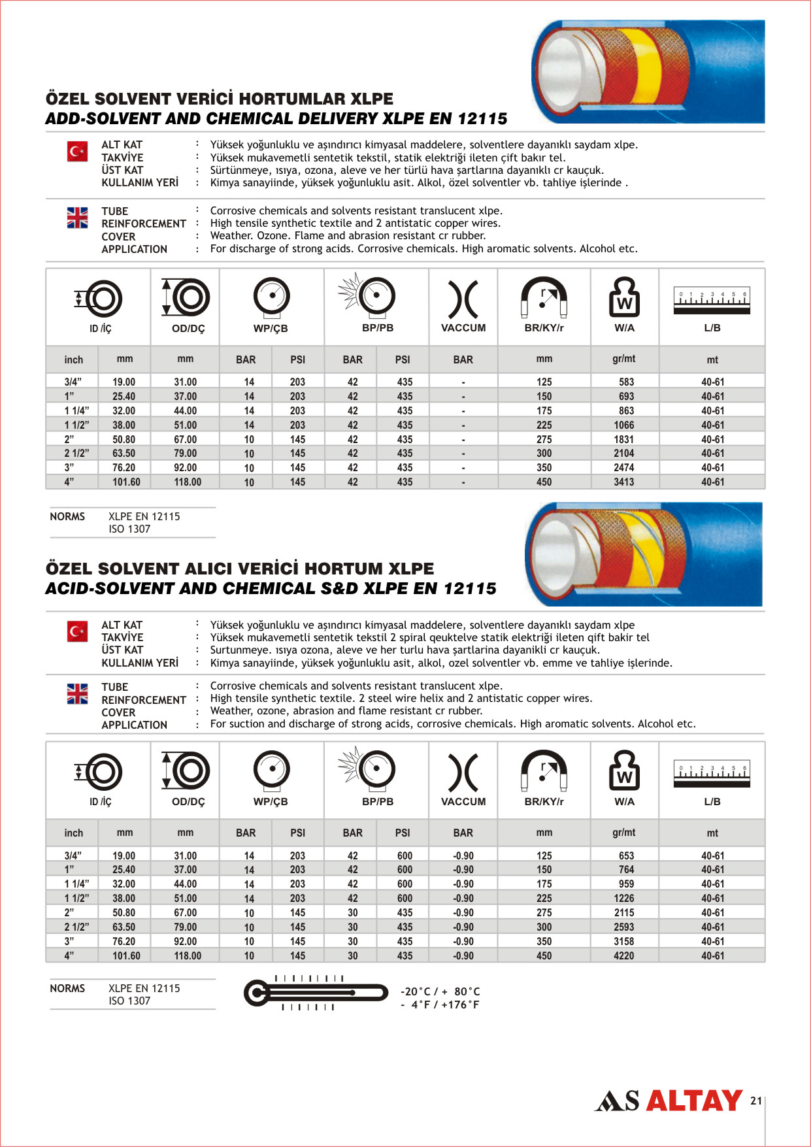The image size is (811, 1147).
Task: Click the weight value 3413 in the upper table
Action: tap(623, 482)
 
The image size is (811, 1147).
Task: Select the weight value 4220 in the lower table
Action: tap(623, 956)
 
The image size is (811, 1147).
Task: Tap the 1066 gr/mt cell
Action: tap(623, 425)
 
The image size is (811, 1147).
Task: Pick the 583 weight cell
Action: tap(626, 382)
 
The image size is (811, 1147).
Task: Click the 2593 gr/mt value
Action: tap(623, 927)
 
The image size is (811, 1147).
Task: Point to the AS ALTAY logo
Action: tap(668, 1101)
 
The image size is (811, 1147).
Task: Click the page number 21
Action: tap(756, 1101)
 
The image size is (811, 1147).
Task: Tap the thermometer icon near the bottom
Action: tap(316, 993)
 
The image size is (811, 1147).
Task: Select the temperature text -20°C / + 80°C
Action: tap(440, 991)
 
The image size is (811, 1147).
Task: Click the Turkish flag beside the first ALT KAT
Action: tap(77, 152)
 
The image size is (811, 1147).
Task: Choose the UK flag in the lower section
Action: tap(77, 693)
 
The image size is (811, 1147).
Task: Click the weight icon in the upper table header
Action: tap(624, 297)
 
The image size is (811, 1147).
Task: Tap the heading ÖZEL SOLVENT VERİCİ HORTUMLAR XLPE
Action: tap(220, 99)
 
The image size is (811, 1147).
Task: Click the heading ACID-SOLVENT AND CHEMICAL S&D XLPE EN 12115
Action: tap(271, 588)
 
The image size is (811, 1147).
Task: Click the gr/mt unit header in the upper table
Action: tap(623, 359)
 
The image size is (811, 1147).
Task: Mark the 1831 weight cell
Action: tap(623, 439)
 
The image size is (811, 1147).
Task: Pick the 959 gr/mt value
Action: tap(626, 884)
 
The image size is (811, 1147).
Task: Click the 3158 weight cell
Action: tap(623, 941)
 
